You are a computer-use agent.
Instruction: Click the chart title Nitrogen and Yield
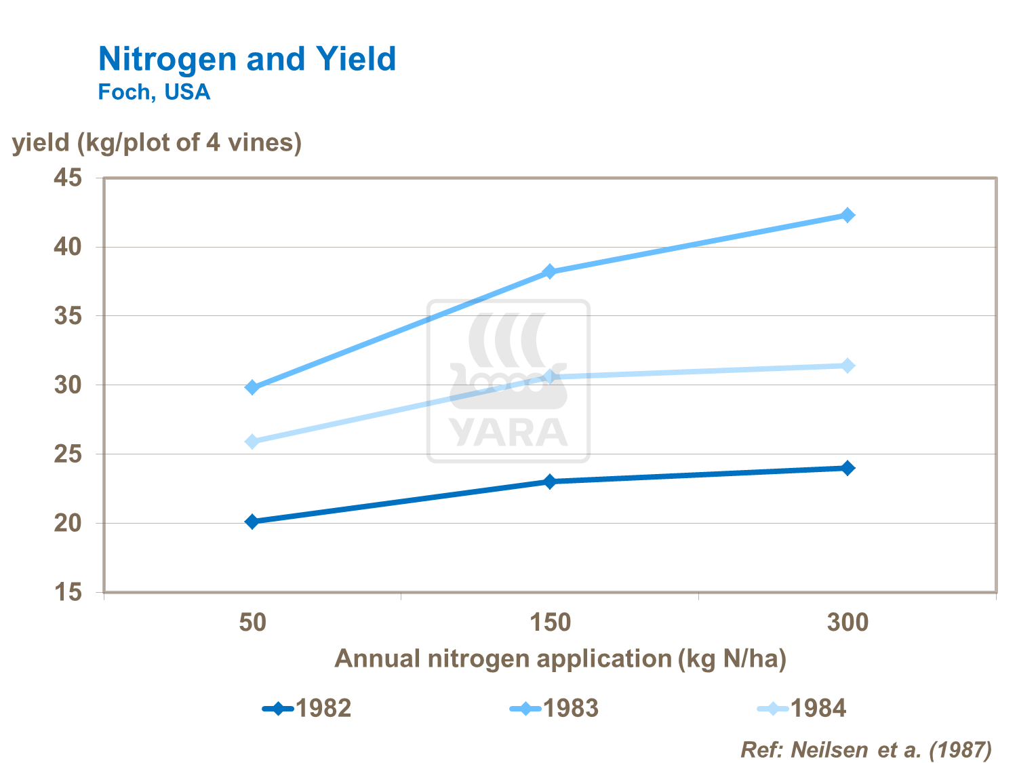pyautogui.click(x=247, y=59)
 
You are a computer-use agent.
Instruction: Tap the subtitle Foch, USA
pyautogui.click(x=154, y=92)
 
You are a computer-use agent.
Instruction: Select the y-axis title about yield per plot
pyautogui.click(x=157, y=142)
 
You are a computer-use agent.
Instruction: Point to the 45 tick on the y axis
pyautogui.click(x=68, y=178)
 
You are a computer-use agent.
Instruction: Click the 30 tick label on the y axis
pyautogui.click(x=68, y=385)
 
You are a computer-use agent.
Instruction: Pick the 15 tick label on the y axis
pyautogui.click(x=68, y=593)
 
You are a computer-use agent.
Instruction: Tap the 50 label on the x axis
pyautogui.click(x=252, y=622)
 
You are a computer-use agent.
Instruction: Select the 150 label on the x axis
pyautogui.click(x=550, y=622)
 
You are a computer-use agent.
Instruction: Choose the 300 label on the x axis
pyautogui.click(x=848, y=622)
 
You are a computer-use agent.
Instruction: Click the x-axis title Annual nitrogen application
pyautogui.click(x=560, y=659)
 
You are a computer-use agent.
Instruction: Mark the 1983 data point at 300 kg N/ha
pyautogui.click(x=848, y=215)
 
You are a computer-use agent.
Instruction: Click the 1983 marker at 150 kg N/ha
pyautogui.click(x=550, y=272)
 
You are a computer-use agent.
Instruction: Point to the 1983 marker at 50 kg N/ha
pyautogui.click(x=252, y=387)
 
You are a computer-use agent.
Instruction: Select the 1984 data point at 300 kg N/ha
pyautogui.click(x=848, y=366)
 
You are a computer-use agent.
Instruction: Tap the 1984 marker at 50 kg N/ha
pyautogui.click(x=252, y=442)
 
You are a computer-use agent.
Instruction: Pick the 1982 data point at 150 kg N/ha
pyautogui.click(x=550, y=482)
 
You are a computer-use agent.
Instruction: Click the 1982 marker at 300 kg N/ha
pyautogui.click(x=848, y=468)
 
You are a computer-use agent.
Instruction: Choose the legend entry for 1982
pyautogui.click(x=308, y=709)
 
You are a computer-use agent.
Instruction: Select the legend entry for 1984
pyautogui.click(x=802, y=709)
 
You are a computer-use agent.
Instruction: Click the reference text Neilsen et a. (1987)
pyautogui.click(x=866, y=749)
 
